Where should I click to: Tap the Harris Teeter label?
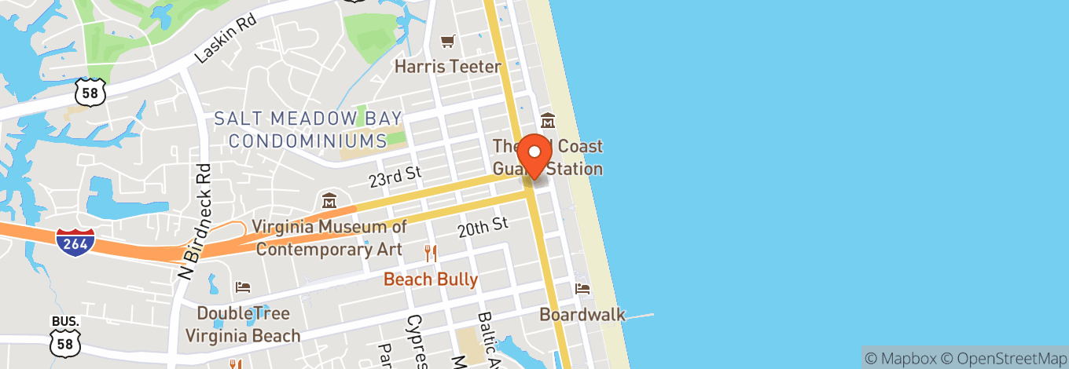(x=447, y=66)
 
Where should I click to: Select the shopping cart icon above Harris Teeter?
(x=447, y=41)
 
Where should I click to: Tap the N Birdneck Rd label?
(x=197, y=215)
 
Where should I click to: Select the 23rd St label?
(x=395, y=177)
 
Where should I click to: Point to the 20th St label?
(x=483, y=227)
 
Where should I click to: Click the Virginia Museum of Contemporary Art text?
(x=329, y=238)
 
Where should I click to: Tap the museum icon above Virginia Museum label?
(x=329, y=201)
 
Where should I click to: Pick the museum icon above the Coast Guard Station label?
(x=548, y=121)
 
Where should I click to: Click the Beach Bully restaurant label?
(x=430, y=279)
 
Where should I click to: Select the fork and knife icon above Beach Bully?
(x=430, y=253)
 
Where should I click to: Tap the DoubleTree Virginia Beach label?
(x=243, y=324)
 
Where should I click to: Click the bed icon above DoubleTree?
(x=244, y=287)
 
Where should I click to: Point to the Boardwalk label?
(x=582, y=315)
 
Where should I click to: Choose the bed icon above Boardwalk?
(x=582, y=288)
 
